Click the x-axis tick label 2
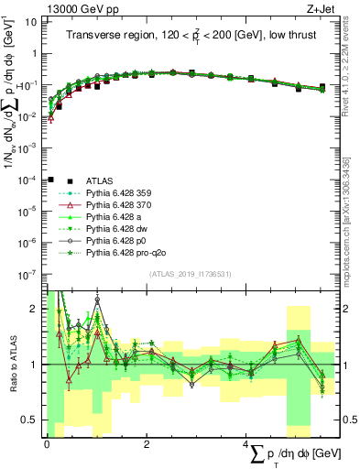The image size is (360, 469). [147, 442]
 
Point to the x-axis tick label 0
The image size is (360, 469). [47, 442]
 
